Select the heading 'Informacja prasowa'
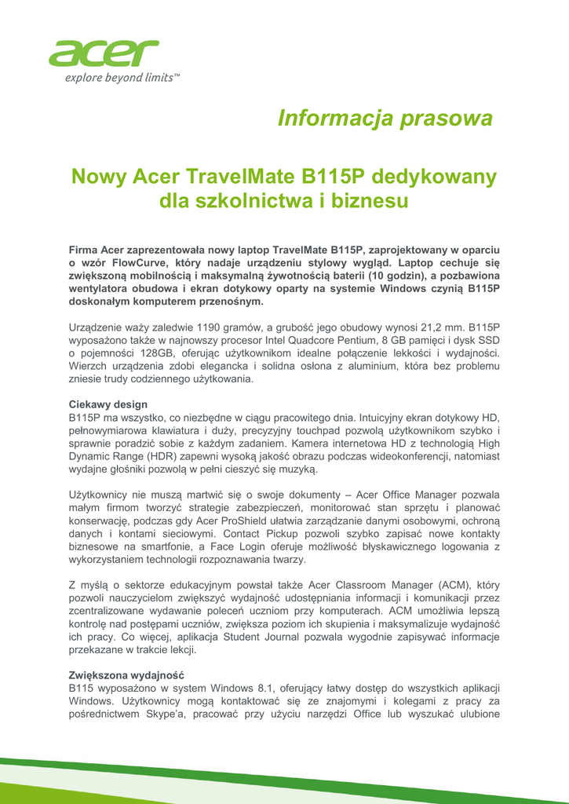coord(385,119)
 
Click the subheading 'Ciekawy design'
coord(108,404)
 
